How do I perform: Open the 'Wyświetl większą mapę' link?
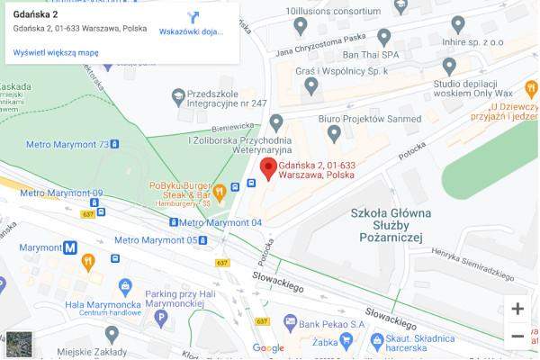point(56,53)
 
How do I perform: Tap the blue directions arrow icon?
point(193,17)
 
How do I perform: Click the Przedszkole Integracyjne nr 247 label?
point(228,98)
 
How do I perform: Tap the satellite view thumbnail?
point(19,345)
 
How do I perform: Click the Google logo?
point(268,348)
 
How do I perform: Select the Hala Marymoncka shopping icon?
point(125,287)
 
